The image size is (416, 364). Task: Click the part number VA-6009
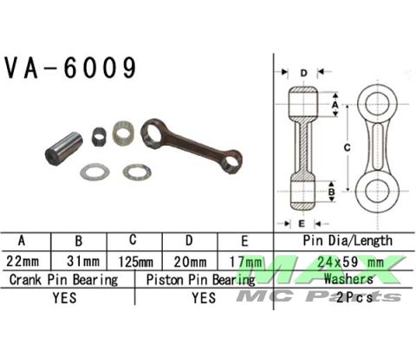[x=71, y=68]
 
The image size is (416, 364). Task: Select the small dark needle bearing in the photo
[x=99, y=135]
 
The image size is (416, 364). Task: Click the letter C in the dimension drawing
[x=348, y=148]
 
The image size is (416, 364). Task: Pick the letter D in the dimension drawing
[x=303, y=72]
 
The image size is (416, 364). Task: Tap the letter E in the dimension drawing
[x=303, y=223]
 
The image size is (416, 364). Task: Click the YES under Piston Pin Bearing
[x=204, y=298]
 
